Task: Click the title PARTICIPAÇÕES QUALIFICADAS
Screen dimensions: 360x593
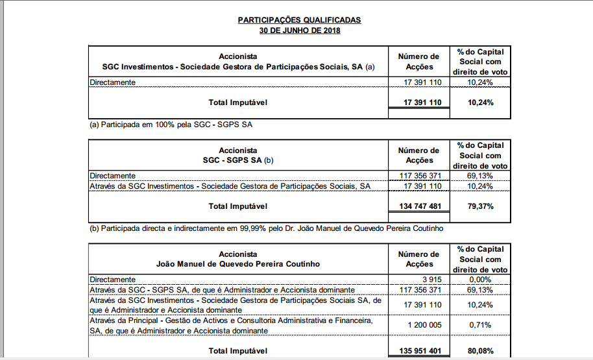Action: tap(299, 20)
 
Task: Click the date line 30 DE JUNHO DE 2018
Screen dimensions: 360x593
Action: tap(299, 30)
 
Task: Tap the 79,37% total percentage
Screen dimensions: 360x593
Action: tap(480, 207)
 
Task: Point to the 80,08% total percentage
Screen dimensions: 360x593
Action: tap(480, 351)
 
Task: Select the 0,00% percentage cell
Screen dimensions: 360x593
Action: tap(480, 279)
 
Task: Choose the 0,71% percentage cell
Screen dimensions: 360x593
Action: tap(480, 324)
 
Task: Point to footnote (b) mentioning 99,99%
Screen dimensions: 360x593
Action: tap(266, 228)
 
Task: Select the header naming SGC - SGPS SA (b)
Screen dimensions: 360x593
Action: tap(238, 161)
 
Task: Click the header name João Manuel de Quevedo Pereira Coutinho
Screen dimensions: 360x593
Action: tap(238, 265)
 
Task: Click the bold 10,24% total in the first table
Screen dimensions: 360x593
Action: tap(480, 102)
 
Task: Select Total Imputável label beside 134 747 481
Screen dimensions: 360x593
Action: tap(237, 207)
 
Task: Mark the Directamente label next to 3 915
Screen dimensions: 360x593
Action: tap(113, 279)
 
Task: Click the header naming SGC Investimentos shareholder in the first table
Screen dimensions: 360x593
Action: tap(238, 67)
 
